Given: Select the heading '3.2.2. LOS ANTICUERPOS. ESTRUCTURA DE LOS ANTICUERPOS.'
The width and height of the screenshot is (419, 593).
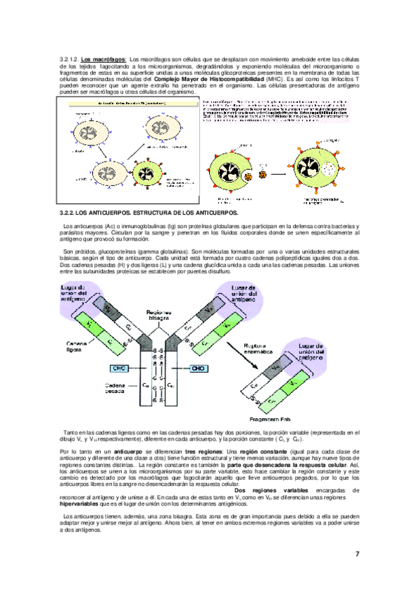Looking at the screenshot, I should click(x=149, y=212).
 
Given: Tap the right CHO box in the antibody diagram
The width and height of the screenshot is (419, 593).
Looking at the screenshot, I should click(x=198, y=369).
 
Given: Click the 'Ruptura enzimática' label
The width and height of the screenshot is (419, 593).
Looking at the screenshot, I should click(x=257, y=349).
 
